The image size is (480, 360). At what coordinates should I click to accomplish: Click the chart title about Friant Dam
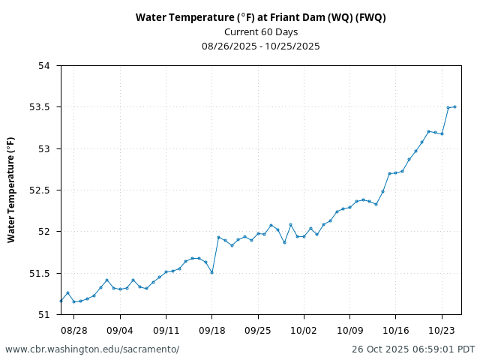(x=261, y=17)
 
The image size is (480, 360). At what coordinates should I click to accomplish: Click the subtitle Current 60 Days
(x=261, y=31)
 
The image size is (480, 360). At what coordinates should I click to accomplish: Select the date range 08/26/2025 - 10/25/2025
(x=261, y=46)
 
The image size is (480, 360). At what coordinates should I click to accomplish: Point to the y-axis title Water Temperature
(x=11, y=189)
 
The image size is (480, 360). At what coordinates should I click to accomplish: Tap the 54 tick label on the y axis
(x=44, y=66)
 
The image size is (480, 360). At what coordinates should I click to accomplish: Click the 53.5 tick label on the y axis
(x=40, y=107)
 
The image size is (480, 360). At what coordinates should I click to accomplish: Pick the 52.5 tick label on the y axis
(x=40, y=190)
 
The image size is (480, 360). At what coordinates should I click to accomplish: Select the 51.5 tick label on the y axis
(x=40, y=273)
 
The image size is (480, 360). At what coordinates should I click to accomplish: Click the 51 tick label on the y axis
(x=44, y=314)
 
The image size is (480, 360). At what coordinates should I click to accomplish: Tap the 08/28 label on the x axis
(x=73, y=330)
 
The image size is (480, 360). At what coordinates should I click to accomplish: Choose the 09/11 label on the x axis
(x=166, y=330)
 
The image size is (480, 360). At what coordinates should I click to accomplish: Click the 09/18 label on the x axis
(x=211, y=330)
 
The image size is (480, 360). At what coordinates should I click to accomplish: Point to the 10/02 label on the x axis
(x=304, y=330)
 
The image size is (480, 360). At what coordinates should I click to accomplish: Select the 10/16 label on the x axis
(x=396, y=330)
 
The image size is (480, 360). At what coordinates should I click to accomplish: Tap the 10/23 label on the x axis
(x=442, y=330)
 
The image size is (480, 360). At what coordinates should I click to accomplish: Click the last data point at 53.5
(x=454, y=106)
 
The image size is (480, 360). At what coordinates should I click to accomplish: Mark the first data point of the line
(x=61, y=301)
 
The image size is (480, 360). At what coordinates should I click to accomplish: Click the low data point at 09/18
(x=212, y=272)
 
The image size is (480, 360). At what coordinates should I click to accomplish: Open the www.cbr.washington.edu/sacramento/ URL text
(x=92, y=349)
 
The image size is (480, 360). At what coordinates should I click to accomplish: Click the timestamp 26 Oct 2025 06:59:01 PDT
(x=413, y=349)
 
